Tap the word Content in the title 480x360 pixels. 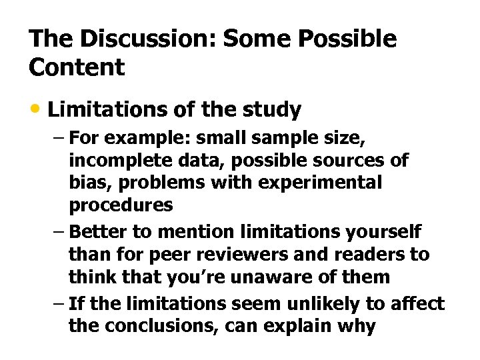point(77,67)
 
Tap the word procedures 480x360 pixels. point(121,205)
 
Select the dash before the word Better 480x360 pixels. point(58,231)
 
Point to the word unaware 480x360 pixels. point(287,277)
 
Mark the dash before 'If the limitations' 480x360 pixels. point(58,304)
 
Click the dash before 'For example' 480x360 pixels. point(58,138)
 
